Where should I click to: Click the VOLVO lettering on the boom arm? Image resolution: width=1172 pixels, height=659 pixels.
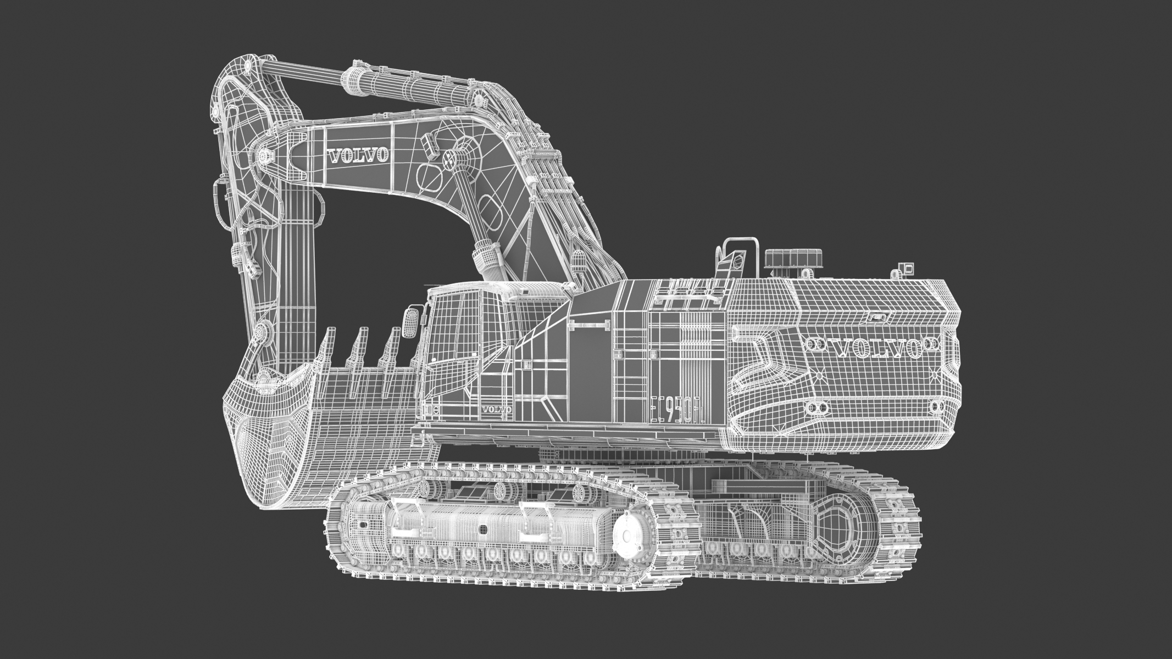pos(358,155)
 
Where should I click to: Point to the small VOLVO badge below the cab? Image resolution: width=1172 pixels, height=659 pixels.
pos(497,409)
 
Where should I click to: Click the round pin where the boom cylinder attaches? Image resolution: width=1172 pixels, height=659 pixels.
pos(450,160)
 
